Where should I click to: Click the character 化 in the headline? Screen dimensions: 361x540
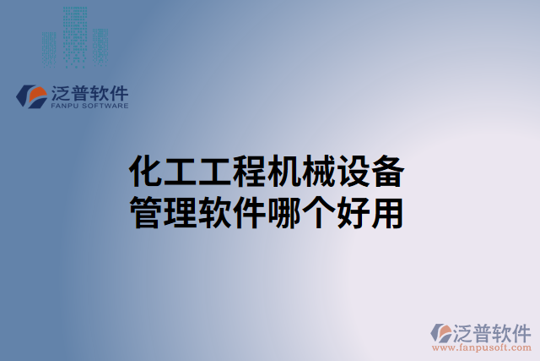tap(144, 173)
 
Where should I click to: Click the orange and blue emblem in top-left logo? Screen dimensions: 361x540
tap(32, 96)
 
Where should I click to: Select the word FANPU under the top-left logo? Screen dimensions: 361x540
tap(64, 107)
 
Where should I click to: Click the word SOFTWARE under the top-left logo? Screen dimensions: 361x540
tap(104, 107)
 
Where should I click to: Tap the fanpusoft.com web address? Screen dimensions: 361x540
tap(482, 347)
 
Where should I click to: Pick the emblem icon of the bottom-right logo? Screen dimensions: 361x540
tap(442, 332)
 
